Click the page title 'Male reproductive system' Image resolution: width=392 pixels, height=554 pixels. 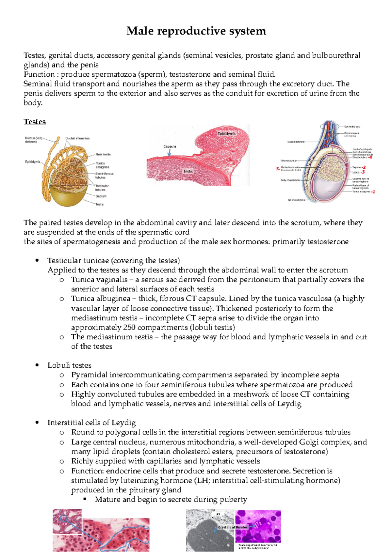tap(196, 31)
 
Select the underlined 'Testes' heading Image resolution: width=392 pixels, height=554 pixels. tap(35, 122)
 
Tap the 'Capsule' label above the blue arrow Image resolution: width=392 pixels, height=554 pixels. tap(170, 146)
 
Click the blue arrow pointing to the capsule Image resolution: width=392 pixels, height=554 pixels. tap(169, 152)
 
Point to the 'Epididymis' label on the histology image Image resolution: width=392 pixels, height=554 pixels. tap(226, 134)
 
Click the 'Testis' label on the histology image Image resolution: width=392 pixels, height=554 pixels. tap(188, 171)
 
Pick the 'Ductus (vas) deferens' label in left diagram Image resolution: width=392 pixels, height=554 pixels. tap(33, 140)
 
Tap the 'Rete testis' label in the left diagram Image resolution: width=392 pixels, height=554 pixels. tap(103, 154)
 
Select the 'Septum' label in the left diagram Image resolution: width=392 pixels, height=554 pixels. tap(101, 196)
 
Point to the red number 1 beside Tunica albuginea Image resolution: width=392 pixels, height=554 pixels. tap(373, 192)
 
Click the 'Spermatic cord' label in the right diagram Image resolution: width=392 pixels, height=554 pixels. tap(352, 126)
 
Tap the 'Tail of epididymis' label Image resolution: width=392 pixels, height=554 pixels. tap(296, 200)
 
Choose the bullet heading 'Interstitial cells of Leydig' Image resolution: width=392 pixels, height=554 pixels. tap(91, 423)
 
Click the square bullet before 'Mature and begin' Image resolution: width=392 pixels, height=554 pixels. tap(85, 500)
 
